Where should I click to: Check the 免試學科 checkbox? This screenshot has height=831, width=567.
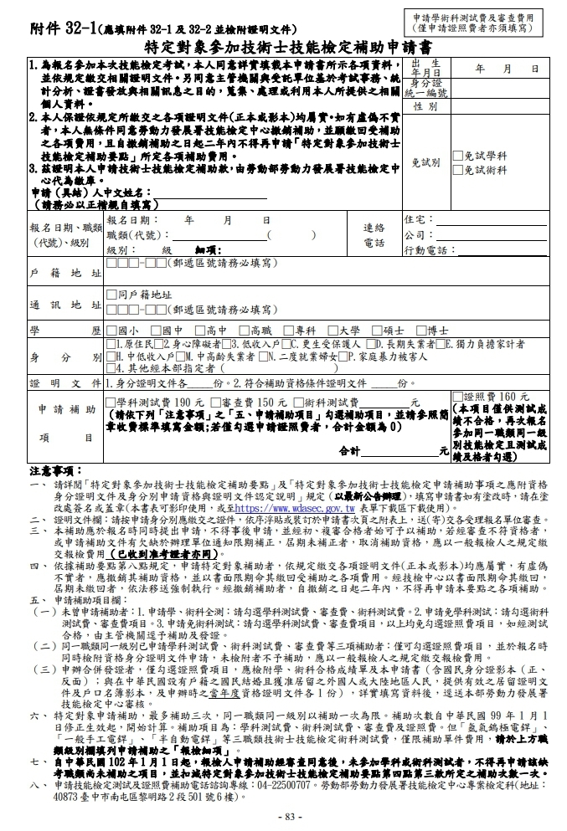pyautogui.click(x=457, y=156)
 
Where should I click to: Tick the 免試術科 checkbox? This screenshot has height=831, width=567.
pyautogui.click(x=457, y=170)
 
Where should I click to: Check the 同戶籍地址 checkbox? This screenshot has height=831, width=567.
pyautogui.click(x=111, y=295)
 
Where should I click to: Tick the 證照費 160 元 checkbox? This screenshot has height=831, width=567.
pyautogui.click(x=456, y=396)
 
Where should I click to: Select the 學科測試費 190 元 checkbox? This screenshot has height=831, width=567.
pyautogui.click(x=111, y=402)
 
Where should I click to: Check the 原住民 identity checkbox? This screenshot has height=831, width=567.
pyautogui.click(x=111, y=343)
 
